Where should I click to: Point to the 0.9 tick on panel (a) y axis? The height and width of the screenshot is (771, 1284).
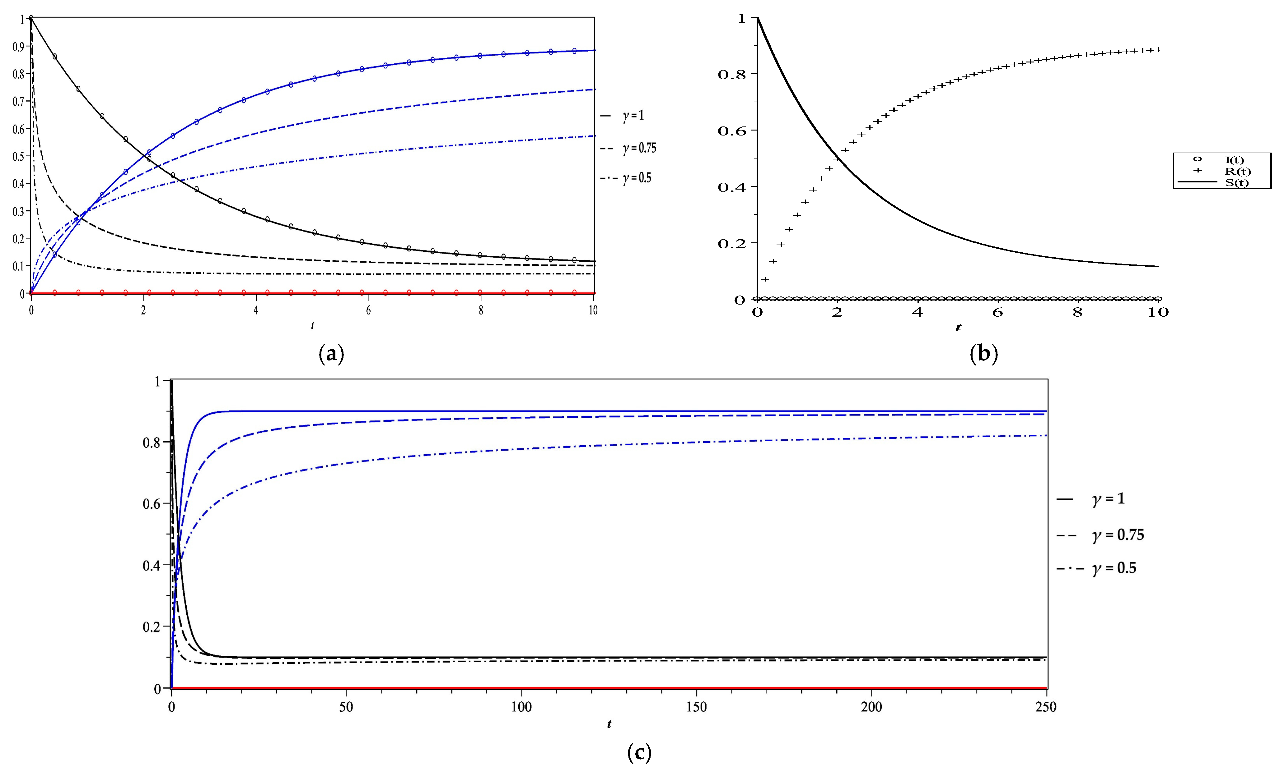[18, 47]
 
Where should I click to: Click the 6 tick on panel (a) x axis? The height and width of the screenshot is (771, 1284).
[368, 310]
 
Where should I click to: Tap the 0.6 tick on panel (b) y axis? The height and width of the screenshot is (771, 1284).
[731, 131]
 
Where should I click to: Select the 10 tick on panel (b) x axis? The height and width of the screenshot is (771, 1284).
[1158, 312]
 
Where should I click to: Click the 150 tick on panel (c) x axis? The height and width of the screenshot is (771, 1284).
[696, 707]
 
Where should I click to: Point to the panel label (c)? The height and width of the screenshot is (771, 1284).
[639, 752]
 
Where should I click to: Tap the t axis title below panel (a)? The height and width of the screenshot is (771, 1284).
[312, 326]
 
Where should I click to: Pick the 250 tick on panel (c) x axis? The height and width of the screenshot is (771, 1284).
[1046, 707]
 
